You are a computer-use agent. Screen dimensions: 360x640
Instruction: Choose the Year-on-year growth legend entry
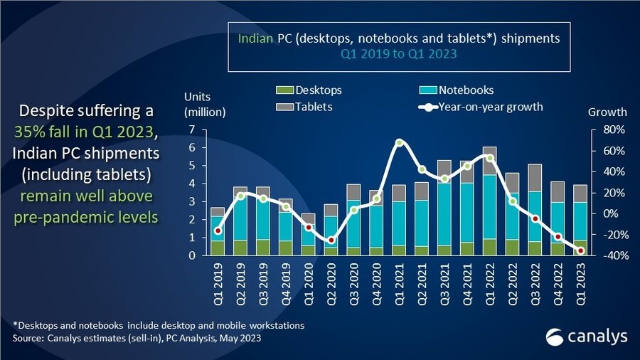click(x=480, y=107)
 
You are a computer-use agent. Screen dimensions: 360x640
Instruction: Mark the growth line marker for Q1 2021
click(x=399, y=142)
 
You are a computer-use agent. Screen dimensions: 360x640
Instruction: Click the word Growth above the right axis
click(x=607, y=112)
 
